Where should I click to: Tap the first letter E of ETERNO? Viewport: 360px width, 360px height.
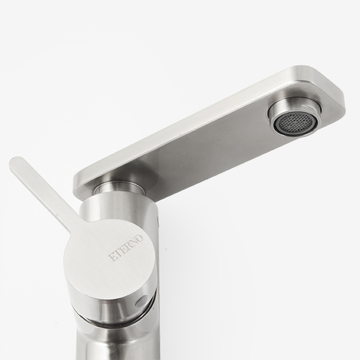(x=112, y=258)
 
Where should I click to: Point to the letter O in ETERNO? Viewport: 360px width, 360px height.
(x=139, y=238)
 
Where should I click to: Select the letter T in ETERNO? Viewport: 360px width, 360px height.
(x=117, y=254)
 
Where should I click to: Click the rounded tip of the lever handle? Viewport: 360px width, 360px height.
(x=16, y=164)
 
